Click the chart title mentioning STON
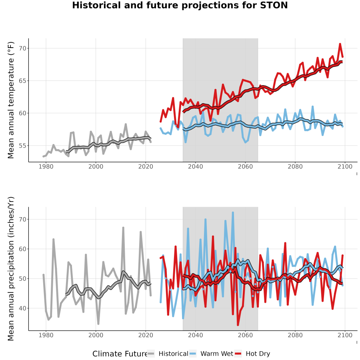180,5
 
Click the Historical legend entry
168,354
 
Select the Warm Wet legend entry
211,354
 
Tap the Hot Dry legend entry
252,354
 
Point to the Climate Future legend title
120,354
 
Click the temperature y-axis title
11,100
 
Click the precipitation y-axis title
11,269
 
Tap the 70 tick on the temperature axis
23,48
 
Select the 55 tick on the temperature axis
23,146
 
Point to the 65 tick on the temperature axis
23,81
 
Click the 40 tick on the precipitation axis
23,308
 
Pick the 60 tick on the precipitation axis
23,249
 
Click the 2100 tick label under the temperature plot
345,166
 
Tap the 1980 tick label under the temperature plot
46,166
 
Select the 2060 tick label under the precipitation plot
245,335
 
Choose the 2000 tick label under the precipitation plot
96,335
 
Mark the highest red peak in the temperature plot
340,44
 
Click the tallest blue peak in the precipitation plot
233,212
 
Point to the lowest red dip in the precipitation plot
238,325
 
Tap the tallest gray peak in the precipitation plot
123,228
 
